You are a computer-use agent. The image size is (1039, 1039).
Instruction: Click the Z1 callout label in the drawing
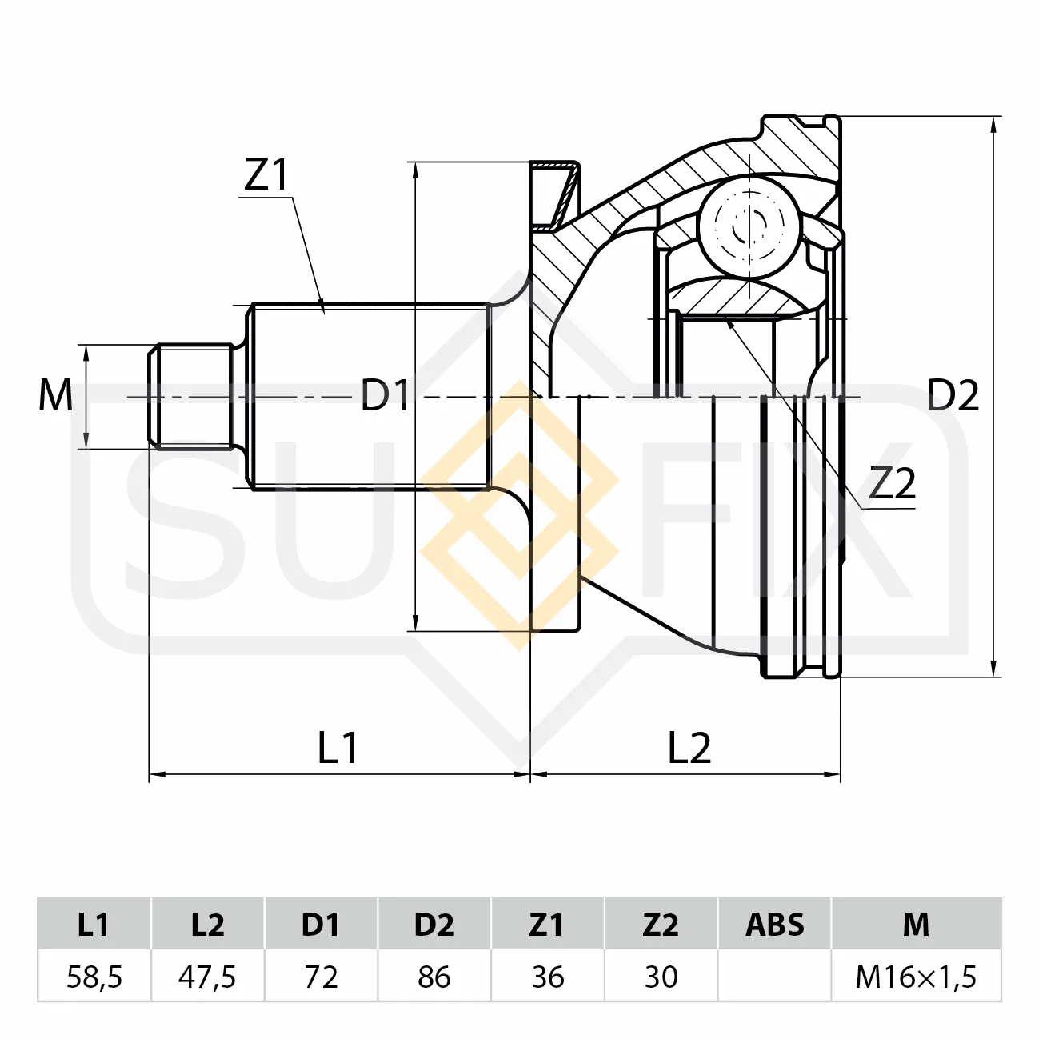pyautogui.click(x=266, y=175)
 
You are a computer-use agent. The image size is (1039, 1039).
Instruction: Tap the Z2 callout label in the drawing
pyautogui.click(x=893, y=484)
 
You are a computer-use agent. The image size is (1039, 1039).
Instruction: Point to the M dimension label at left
pyautogui.click(x=55, y=395)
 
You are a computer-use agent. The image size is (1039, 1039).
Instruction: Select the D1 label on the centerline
pyautogui.click(x=384, y=395)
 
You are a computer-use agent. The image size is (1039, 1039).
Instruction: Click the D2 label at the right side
pyautogui.click(x=953, y=395)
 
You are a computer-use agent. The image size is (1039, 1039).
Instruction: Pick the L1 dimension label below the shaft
pyautogui.click(x=338, y=748)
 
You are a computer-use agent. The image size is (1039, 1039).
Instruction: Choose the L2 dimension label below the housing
pyautogui.click(x=689, y=748)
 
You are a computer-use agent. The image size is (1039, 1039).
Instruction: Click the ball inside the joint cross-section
pyautogui.click(x=749, y=227)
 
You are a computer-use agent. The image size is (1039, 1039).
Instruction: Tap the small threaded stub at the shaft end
pyautogui.click(x=191, y=396)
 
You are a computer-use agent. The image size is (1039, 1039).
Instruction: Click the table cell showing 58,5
pyautogui.click(x=94, y=977)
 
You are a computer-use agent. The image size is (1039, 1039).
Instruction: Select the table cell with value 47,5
pyautogui.click(x=208, y=977)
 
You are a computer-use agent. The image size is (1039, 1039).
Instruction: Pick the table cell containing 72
pyautogui.click(x=322, y=977)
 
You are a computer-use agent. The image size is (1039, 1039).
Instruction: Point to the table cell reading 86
pyautogui.click(x=434, y=977)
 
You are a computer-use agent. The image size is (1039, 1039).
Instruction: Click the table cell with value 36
pyautogui.click(x=548, y=977)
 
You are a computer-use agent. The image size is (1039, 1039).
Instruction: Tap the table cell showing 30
pyautogui.click(x=661, y=977)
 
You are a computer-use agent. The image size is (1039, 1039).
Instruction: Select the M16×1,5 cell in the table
pyautogui.click(x=916, y=977)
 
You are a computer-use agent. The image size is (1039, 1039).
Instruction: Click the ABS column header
pyautogui.click(x=775, y=924)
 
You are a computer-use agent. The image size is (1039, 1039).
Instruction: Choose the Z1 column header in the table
pyautogui.click(x=548, y=924)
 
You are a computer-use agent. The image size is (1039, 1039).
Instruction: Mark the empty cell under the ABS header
pyautogui.click(x=775, y=977)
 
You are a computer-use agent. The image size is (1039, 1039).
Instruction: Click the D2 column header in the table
pyautogui.click(x=434, y=924)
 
